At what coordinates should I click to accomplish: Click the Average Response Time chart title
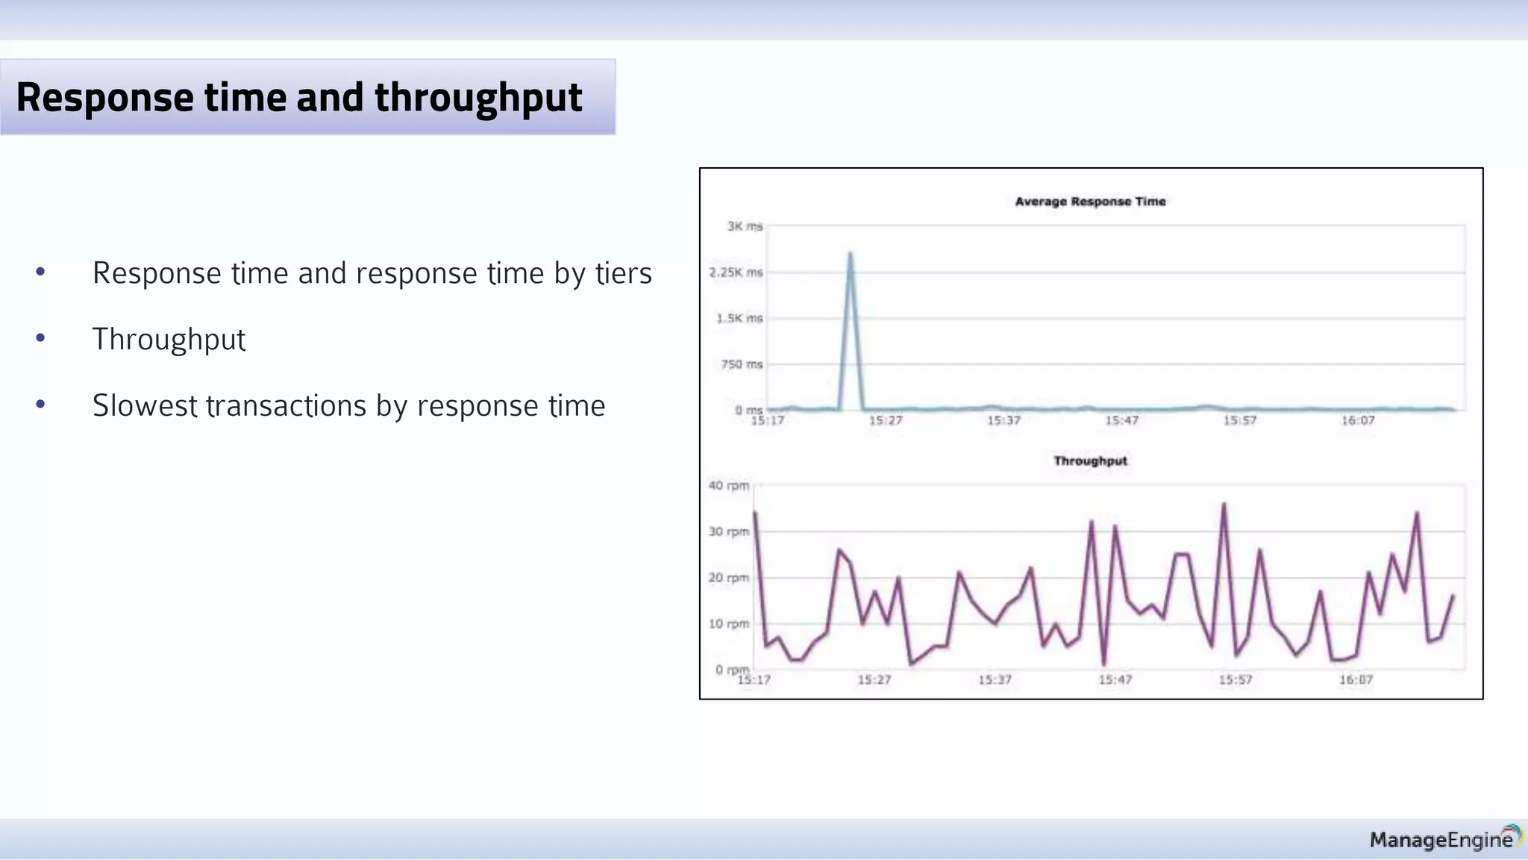pyautogui.click(x=1090, y=202)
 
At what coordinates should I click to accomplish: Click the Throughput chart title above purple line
pyautogui.click(x=1090, y=461)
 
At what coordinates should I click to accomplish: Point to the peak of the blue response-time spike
pyautogui.click(x=850, y=255)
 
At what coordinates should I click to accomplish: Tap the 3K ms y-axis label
pyautogui.click(x=745, y=226)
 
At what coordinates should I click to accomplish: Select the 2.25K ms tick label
pyautogui.click(x=736, y=272)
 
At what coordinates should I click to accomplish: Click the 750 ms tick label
pyautogui.click(x=742, y=364)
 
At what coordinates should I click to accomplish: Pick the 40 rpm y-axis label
pyautogui.click(x=728, y=486)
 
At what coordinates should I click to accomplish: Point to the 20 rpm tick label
pyautogui.click(x=728, y=578)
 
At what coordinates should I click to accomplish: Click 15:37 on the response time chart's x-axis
pyautogui.click(x=1003, y=421)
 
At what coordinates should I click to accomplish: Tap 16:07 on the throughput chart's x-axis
pyautogui.click(x=1356, y=680)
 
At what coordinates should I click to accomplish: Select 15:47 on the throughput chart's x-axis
pyautogui.click(x=1115, y=680)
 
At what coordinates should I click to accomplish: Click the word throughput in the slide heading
pyautogui.click(x=478, y=98)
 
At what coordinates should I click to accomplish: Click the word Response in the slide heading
pyautogui.click(x=104, y=98)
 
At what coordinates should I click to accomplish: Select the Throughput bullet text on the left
pyautogui.click(x=169, y=340)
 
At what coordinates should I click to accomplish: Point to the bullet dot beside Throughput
pyautogui.click(x=40, y=338)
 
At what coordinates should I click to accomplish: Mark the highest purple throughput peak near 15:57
pyautogui.click(x=1224, y=505)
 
